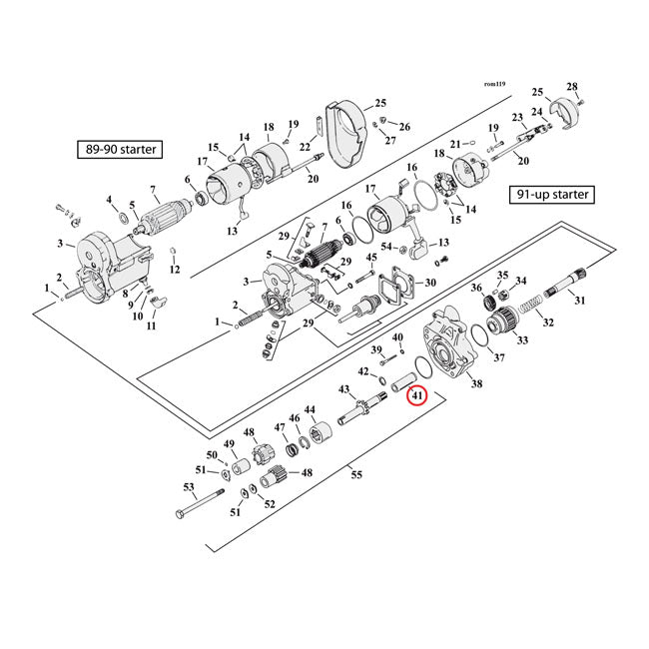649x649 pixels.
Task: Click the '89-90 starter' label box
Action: pyautogui.click(x=120, y=150)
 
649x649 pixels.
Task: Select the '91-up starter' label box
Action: pyautogui.click(x=550, y=194)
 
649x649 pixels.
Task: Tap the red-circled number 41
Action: pyautogui.click(x=417, y=396)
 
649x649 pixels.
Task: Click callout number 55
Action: pyautogui.click(x=357, y=475)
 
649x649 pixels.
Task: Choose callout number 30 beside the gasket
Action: pyautogui.click(x=430, y=284)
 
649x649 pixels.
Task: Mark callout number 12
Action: pyautogui.click(x=175, y=270)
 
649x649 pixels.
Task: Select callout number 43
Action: pyautogui.click(x=344, y=388)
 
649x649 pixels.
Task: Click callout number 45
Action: pyautogui.click(x=371, y=259)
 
